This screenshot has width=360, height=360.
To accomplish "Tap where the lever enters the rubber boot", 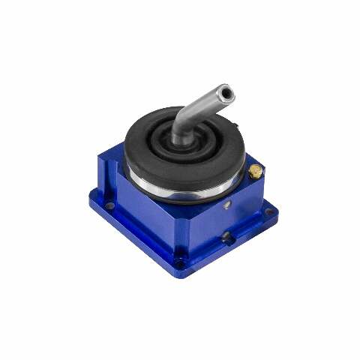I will pos(178,140).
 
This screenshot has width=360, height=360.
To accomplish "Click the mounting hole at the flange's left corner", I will pos(109,204).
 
